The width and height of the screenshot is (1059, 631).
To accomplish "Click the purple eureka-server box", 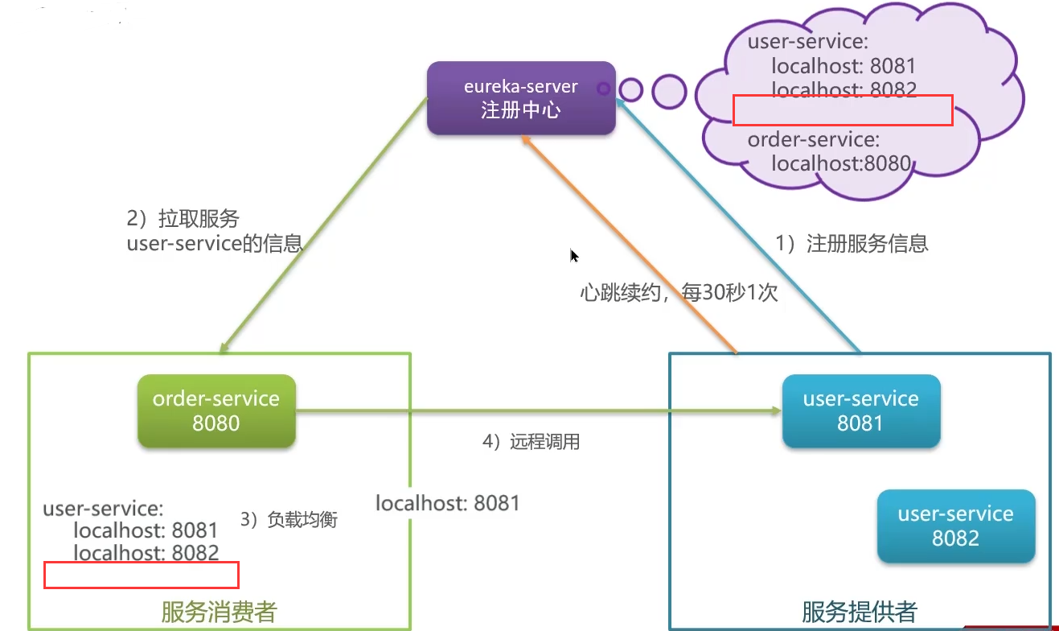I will tap(521, 98).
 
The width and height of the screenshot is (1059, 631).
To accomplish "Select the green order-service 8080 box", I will tap(216, 410).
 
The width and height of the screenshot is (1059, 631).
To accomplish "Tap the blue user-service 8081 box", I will tap(860, 410).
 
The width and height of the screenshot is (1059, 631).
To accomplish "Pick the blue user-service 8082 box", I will tap(955, 526).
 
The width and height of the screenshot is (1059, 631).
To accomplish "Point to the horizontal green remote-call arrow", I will tap(539, 412).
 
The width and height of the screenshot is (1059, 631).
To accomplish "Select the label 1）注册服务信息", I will tap(852, 243).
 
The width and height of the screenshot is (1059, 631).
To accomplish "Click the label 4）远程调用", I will tap(531, 442).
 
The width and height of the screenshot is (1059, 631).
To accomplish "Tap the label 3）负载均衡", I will tap(289, 520).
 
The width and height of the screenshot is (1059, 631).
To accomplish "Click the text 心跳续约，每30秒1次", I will tap(679, 293).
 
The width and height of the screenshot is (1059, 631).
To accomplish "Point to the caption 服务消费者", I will tap(219, 612).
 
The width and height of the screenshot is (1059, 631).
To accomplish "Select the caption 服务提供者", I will tap(859, 612).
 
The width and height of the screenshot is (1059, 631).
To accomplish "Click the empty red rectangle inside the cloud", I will tap(843, 110).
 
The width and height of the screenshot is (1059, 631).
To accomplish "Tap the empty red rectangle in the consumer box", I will tap(142, 575).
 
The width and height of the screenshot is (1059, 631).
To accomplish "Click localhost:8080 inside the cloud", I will tap(840, 164).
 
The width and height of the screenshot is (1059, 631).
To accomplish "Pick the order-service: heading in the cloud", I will tap(813, 140).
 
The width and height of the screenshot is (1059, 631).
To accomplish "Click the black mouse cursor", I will tap(574, 256).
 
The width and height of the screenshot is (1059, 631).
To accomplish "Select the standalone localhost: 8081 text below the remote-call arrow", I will tap(448, 504).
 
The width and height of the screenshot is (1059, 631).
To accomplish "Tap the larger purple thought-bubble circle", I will tap(669, 92).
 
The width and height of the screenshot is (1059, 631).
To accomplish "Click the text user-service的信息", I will tap(214, 243).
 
